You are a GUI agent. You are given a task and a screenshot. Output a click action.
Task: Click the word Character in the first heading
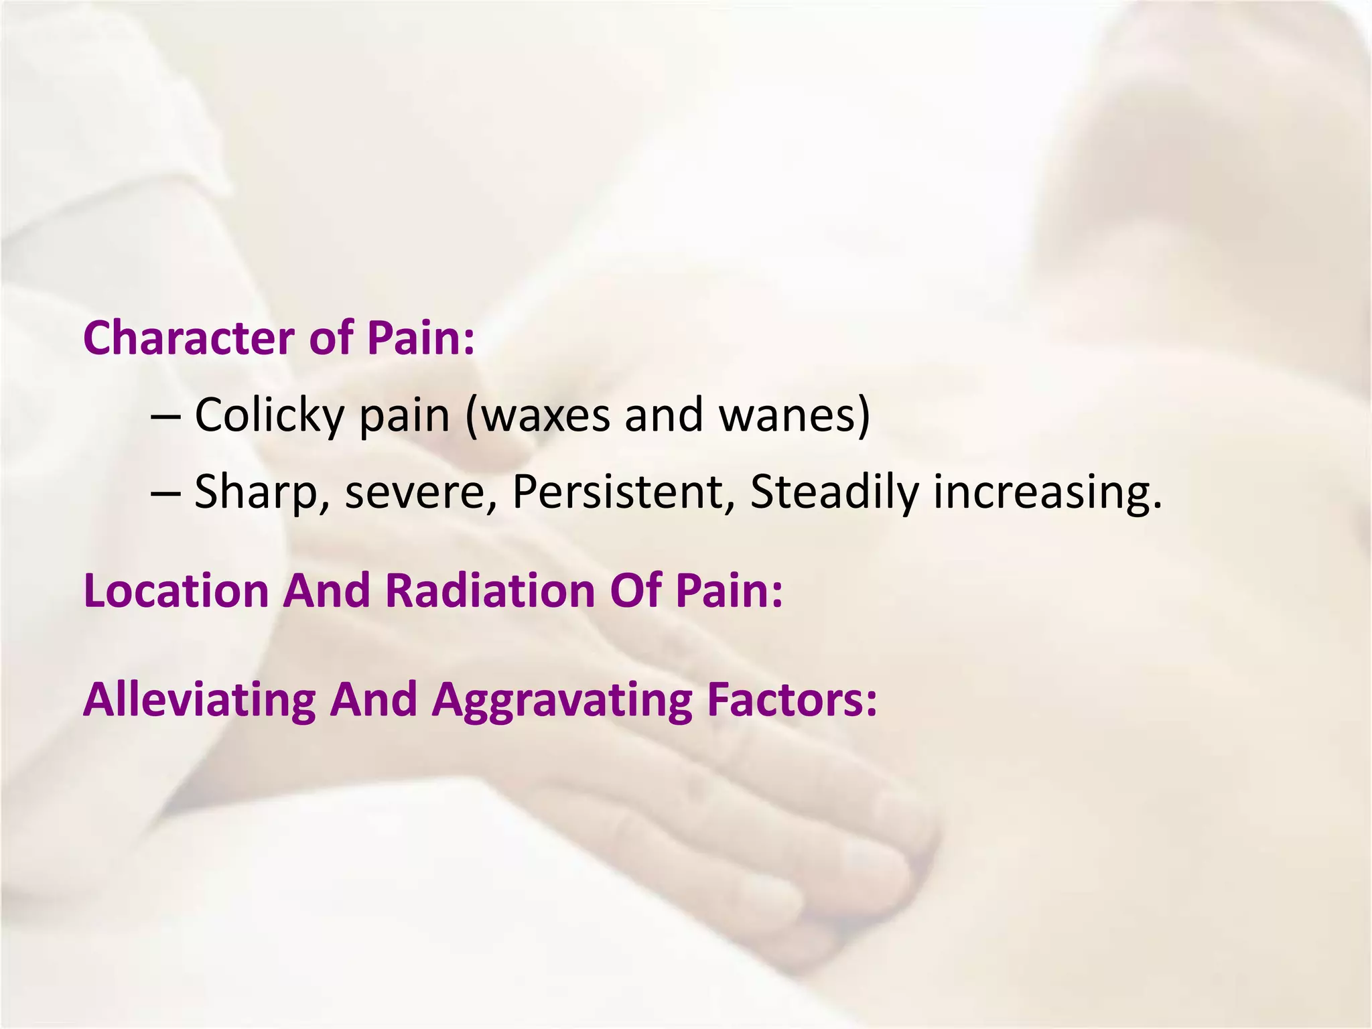coord(189,338)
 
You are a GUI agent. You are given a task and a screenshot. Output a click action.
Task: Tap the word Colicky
coord(269,415)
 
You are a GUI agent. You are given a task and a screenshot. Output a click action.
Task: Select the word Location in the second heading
coord(176,591)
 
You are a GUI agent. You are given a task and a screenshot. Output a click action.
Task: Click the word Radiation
coord(490,591)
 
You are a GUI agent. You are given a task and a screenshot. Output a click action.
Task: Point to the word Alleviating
coord(199,699)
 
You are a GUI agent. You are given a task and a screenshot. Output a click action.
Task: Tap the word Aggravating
coord(561,699)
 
